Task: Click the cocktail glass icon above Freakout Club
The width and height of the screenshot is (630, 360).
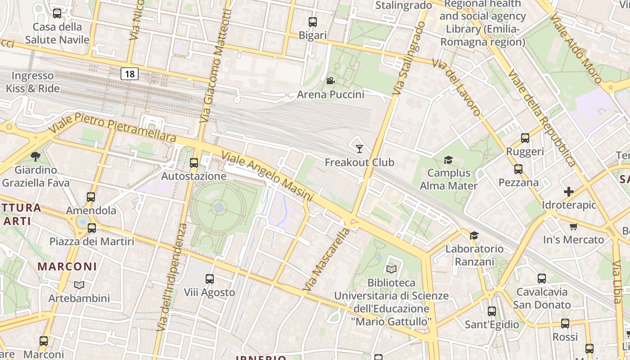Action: point(359,148)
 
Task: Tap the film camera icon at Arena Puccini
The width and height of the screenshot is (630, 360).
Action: point(330,81)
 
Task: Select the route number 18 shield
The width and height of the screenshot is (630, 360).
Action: point(129,74)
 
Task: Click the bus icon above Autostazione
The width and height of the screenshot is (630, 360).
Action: point(194,163)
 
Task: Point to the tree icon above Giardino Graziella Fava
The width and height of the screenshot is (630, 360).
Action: point(36,157)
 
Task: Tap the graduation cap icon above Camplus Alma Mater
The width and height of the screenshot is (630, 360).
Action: point(448,160)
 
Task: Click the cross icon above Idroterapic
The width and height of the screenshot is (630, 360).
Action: point(569,192)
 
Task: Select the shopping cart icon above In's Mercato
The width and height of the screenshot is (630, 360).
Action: point(573,226)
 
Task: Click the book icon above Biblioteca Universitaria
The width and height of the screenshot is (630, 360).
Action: point(391,269)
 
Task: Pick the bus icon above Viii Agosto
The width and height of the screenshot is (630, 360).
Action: point(210,279)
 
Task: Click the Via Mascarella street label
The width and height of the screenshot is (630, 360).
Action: point(326,260)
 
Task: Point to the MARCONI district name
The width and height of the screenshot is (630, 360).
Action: point(67,266)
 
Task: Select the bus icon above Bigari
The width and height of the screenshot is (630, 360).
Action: point(312,22)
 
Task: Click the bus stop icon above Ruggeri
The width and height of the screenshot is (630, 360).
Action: point(525,138)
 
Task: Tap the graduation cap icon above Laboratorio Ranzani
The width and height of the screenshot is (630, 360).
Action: point(474,235)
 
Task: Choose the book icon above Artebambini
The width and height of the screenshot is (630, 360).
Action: point(79,285)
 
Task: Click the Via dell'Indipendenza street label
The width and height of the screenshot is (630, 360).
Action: point(171,277)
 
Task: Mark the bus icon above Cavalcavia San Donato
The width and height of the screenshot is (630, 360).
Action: point(542,279)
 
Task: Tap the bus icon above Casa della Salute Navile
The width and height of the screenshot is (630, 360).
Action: point(57,13)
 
